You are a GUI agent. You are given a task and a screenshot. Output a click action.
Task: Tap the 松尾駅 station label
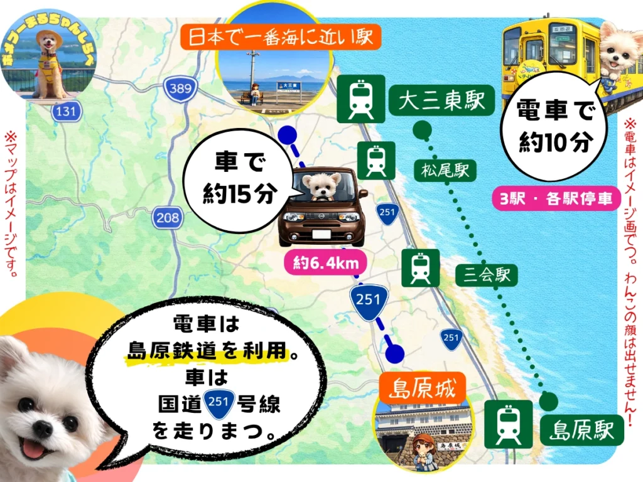[x=445, y=171]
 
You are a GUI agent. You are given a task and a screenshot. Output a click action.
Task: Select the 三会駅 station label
[x=487, y=274]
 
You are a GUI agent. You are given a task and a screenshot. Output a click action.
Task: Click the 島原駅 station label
[x=581, y=430]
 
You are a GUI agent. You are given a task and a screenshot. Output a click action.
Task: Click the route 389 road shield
[x=180, y=89]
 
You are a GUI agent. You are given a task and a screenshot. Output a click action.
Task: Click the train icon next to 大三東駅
[x=361, y=99]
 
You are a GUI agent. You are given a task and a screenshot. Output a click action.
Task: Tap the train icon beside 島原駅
[x=508, y=424]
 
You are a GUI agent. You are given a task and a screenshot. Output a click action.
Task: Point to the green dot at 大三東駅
[x=423, y=131]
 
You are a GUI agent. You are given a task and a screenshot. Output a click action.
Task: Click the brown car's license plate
[x=321, y=234]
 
